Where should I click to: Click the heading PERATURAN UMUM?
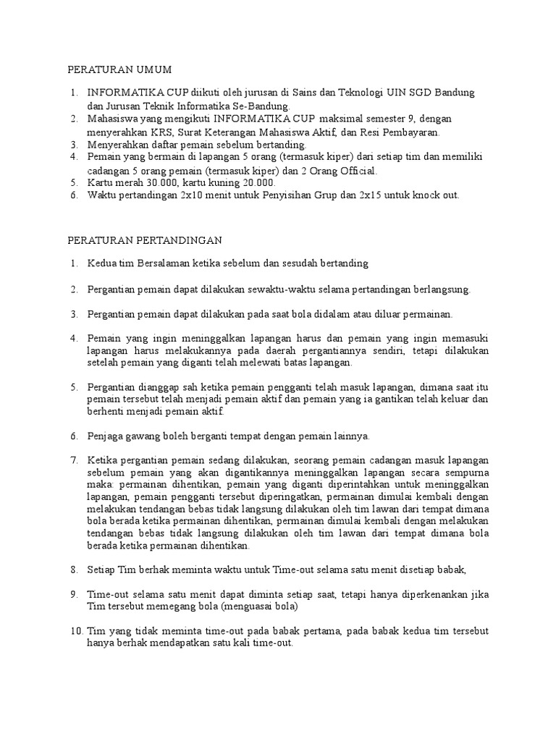119,69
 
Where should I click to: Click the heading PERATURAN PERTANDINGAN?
145,239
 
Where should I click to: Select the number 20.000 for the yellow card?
258,183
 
